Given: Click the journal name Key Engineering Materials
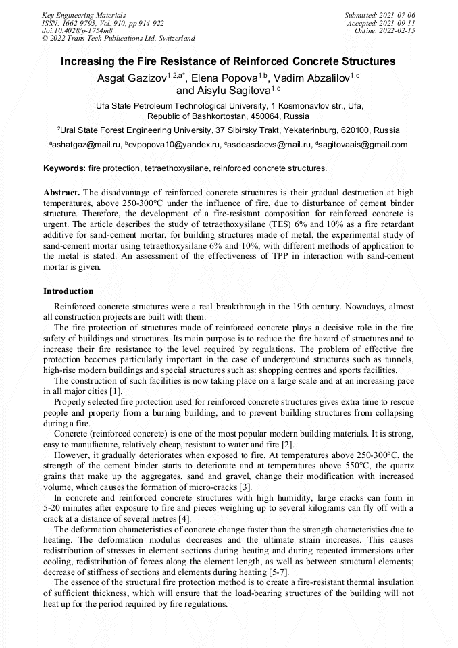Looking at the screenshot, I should tap(84, 14).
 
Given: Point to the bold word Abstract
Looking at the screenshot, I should tap(62, 192).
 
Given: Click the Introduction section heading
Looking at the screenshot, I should tap(68, 291).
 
